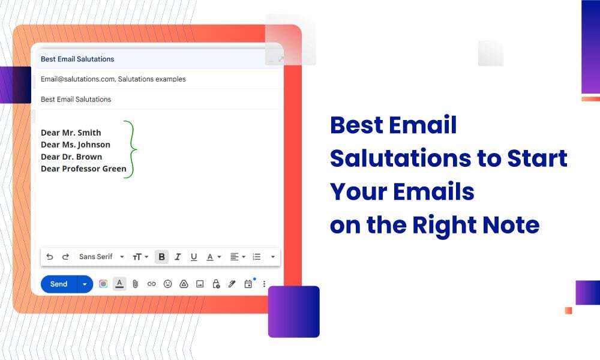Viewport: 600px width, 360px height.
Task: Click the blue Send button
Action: click(x=59, y=284)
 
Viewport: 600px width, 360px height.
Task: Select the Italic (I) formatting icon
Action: click(x=178, y=257)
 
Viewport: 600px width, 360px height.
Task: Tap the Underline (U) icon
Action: click(x=194, y=257)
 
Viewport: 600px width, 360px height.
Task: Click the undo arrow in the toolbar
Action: click(x=50, y=257)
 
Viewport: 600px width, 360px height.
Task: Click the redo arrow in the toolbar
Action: click(x=65, y=257)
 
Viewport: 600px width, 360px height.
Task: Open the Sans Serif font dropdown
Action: click(x=101, y=257)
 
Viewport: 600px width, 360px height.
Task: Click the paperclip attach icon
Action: click(x=136, y=284)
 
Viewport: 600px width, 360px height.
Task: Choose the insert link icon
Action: click(x=151, y=284)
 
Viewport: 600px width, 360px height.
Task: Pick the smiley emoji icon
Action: click(x=167, y=284)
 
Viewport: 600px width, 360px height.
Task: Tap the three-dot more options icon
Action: click(x=264, y=284)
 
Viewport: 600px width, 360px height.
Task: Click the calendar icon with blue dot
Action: click(x=248, y=284)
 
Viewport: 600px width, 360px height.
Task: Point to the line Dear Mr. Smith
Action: click(x=71, y=133)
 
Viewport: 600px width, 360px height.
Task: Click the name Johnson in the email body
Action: click(x=94, y=145)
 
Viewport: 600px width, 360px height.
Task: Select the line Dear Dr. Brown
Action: click(x=71, y=157)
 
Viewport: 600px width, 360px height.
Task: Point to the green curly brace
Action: click(x=131, y=149)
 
